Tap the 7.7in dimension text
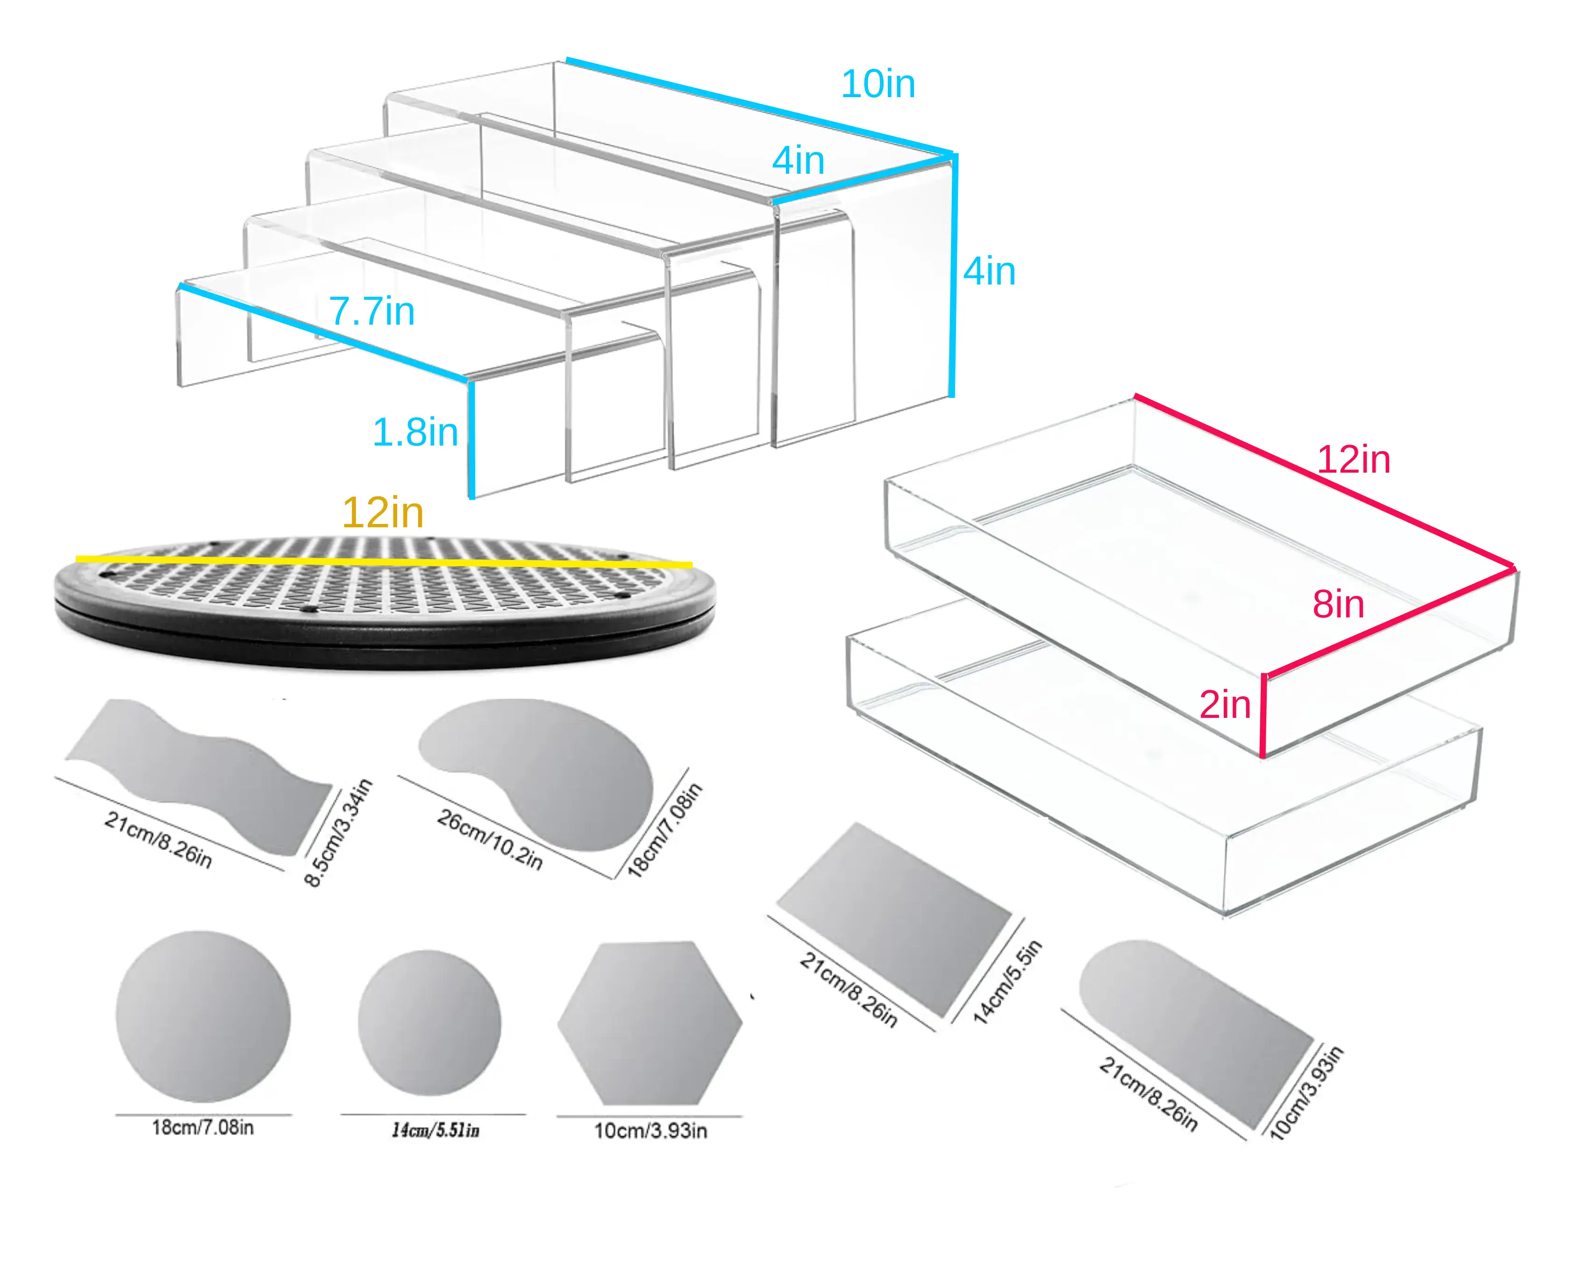coord(371,312)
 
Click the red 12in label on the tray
coord(1353,460)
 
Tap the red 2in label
coord(1225,705)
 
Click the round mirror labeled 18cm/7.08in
coord(203,1016)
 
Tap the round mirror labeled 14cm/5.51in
coord(429,1023)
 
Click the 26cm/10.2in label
coord(490,840)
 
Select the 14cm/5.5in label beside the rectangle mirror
coord(1007,982)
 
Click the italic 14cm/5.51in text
coord(435,1130)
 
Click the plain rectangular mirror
coord(894,919)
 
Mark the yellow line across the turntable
coord(384,561)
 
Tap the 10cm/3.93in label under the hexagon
coord(650,1131)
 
